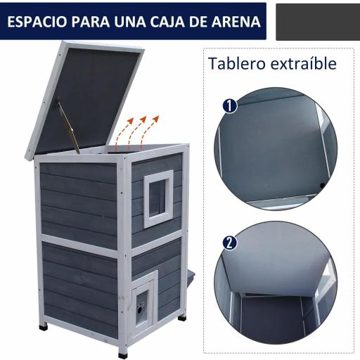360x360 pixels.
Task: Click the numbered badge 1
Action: [229, 105]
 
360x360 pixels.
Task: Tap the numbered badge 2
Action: [229, 243]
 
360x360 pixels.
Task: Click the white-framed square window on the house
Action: [158, 199]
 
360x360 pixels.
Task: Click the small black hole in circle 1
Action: [322, 186]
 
